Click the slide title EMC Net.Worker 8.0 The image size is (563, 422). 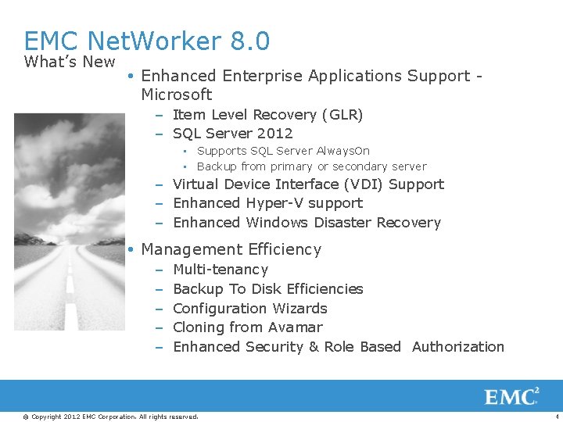pyautogui.click(x=147, y=41)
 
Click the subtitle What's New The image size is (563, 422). pyautogui.click(x=70, y=62)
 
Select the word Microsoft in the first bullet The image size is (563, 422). pyautogui.click(x=176, y=95)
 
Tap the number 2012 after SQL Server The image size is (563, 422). pyautogui.click(x=274, y=134)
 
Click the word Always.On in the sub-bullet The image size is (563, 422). pyautogui.click(x=342, y=151)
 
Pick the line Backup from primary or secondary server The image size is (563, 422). pyautogui.click(x=311, y=166)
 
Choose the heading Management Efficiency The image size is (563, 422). pyautogui.click(x=231, y=249)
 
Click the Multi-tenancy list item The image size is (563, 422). pyautogui.click(x=220, y=270)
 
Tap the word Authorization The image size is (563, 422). pyautogui.click(x=457, y=347)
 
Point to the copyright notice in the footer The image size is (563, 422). pyautogui.click(x=110, y=417)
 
